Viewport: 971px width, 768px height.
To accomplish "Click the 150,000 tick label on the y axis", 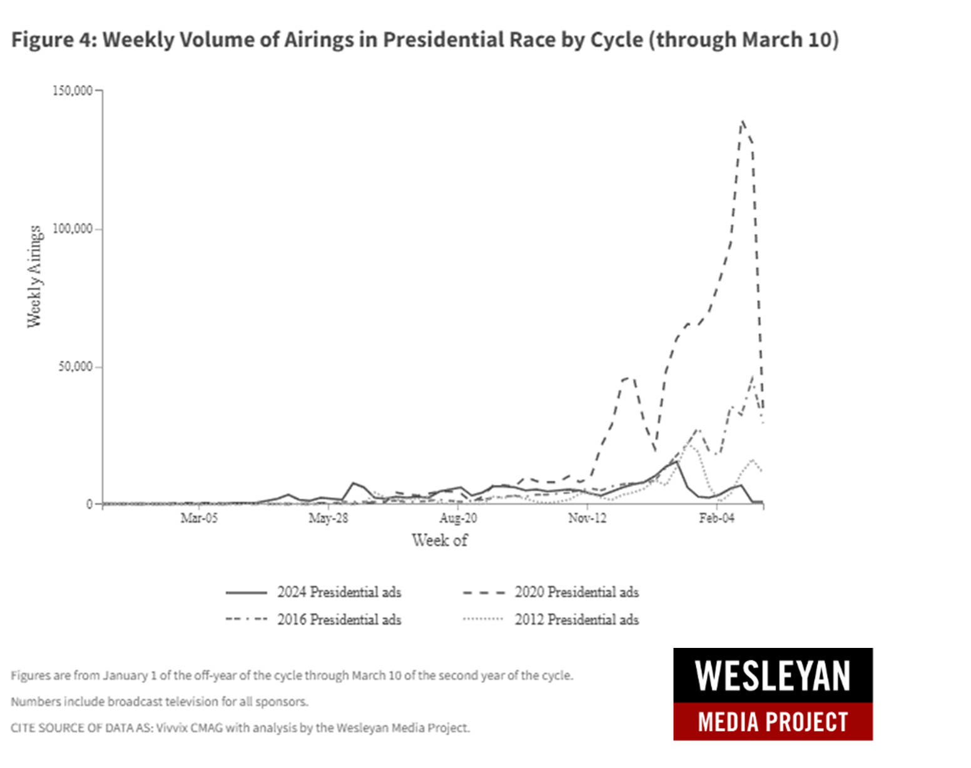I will pos(73,91).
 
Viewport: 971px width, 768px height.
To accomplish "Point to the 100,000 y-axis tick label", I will pos(73,229).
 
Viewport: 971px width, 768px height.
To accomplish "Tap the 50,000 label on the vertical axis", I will pos(76,366).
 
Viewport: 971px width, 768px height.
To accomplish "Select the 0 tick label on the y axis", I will pos(89,504).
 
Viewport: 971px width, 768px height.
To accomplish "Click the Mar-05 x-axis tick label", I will pos(199,518).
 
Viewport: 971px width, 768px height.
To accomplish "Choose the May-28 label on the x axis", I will pos(328,518).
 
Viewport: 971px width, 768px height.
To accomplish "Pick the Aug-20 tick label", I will pos(458,518).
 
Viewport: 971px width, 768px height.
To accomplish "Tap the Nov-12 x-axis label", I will pos(587,518).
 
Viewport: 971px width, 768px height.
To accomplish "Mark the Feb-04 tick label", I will pos(717,518).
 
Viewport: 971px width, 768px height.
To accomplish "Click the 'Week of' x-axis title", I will pos(439,540).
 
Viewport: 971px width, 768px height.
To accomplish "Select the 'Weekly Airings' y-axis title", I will pos(34,276).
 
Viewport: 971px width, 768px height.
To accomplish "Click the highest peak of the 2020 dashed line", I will pos(743,121).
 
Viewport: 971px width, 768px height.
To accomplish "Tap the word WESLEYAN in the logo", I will pos(773,675).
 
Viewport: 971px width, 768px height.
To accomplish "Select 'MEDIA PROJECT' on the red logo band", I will pos(773,722).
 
